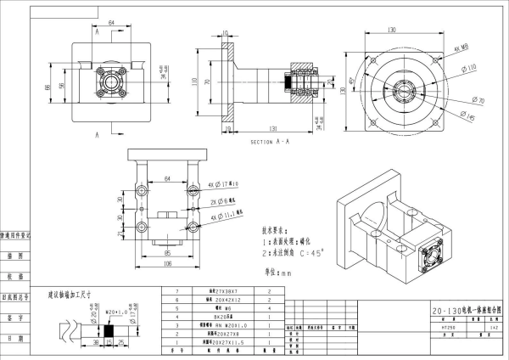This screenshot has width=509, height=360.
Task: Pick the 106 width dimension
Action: pyautogui.click(x=166, y=263)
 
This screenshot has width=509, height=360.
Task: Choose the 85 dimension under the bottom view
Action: pyautogui.click(x=167, y=252)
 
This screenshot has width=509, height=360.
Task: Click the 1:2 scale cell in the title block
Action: pyautogui.click(x=494, y=326)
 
